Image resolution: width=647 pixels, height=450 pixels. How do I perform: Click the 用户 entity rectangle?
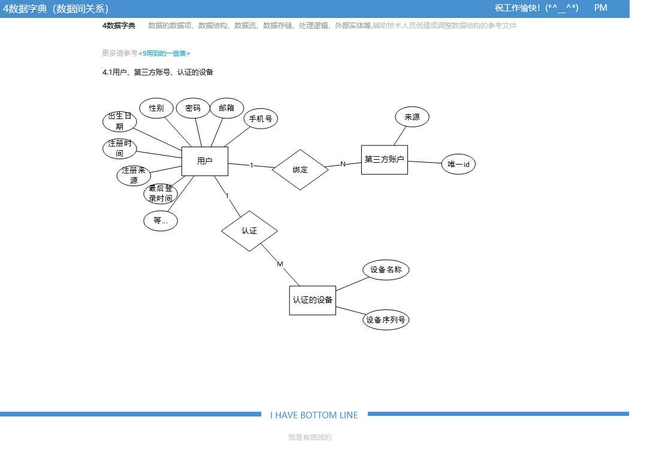[x=204, y=161]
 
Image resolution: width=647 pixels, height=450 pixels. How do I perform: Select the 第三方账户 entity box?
[x=384, y=160]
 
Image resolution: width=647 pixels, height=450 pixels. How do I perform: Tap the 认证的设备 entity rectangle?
[x=312, y=300]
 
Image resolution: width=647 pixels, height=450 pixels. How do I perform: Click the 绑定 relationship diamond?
[x=300, y=170]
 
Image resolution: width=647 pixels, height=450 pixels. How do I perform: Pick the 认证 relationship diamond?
[x=249, y=231]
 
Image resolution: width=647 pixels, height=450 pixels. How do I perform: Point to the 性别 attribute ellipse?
[x=156, y=108]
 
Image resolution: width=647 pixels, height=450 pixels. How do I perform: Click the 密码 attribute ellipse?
[x=193, y=108]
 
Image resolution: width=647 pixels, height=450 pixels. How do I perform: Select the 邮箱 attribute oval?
[x=226, y=108]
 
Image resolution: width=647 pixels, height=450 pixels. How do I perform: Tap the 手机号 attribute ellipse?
[x=261, y=118]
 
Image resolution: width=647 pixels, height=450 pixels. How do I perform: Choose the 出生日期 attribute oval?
[x=120, y=121]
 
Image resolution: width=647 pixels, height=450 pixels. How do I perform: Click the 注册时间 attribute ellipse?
[x=120, y=148]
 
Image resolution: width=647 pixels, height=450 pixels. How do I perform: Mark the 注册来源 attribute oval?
[x=134, y=175]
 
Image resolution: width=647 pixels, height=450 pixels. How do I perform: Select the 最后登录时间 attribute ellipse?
[x=161, y=194]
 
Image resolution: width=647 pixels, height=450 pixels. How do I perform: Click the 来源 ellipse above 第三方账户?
[x=412, y=117]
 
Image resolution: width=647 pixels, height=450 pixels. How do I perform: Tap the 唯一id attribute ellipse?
[x=458, y=164]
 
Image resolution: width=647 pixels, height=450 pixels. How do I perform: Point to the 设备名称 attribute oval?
[x=386, y=270]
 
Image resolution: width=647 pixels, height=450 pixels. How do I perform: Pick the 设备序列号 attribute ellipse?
[x=386, y=320]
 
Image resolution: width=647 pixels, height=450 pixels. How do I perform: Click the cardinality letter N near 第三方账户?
[x=343, y=164]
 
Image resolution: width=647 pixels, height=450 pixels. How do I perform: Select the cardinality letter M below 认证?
[x=280, y=264]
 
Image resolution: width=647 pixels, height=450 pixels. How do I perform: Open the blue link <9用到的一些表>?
[x=164, y=53]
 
